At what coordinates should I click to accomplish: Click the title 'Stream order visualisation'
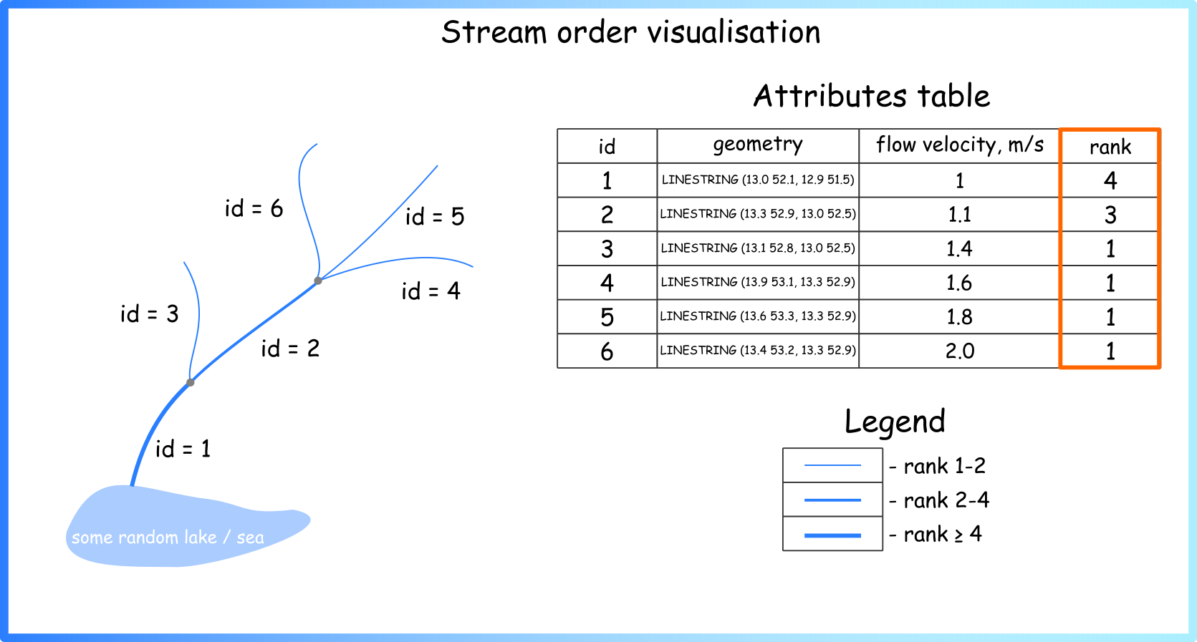point(630,32)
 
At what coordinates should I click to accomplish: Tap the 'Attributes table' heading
point(872,96)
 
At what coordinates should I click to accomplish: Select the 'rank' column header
point(1110,147)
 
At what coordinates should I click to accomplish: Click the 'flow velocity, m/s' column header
point(960,145)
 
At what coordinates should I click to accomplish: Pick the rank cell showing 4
point(1110,180)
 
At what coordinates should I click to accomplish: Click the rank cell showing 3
point(1110,215)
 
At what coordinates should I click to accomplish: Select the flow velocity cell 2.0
point(960,351)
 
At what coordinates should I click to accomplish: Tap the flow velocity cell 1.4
point(960,249)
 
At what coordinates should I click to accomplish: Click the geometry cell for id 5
point(758,316)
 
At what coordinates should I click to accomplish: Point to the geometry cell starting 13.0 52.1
point(758,180)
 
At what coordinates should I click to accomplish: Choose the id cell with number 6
point(607,351)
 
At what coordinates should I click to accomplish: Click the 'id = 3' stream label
point(149,314)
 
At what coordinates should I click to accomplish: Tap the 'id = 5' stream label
point(435,216)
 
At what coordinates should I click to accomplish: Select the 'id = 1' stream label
point(183,449)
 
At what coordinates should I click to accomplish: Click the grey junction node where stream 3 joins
point(191,382)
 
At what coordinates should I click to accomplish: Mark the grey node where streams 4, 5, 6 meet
point(318,281)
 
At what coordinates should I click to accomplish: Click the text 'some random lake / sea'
point(168,538)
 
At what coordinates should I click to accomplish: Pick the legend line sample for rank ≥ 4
point(832,535)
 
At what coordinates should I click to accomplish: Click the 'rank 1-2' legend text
point(944,466)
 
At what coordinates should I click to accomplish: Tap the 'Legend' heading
point(895,421)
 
